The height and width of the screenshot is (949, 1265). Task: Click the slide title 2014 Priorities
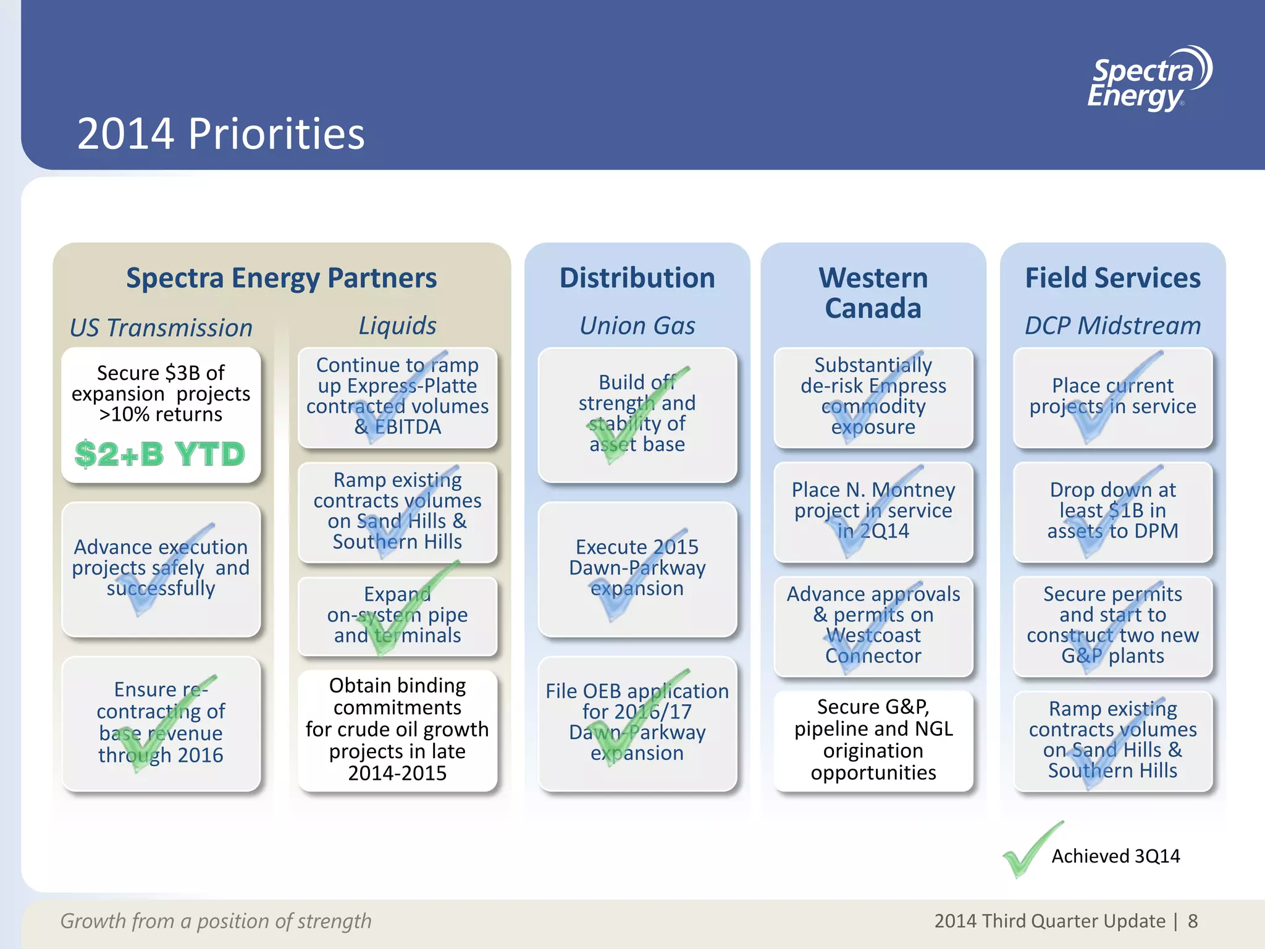click(x=221, y=133)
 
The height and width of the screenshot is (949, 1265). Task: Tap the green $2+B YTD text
click(x=160, y=454)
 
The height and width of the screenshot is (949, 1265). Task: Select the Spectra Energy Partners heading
click(x=281, y=278)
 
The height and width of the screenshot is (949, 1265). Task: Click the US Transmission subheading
click(x=161, y=327)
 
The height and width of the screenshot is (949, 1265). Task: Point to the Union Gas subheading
click(x=637, y=326)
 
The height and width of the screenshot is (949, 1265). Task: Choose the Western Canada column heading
click(x=873, y=293)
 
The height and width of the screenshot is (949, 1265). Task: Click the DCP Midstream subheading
click(x=1112, y=326)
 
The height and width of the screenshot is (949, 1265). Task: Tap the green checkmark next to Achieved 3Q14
click(x=1030, y=850)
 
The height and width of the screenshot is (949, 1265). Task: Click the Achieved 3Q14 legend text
click(x=1116, y=856)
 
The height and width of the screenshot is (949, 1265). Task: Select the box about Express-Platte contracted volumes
click(x=397, y=397)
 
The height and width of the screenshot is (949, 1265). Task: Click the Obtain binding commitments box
click(x=397, y=730)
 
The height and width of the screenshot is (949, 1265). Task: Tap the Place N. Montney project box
click(x=873, y=511)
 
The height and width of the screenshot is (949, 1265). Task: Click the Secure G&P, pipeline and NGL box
click(x=873, y=740)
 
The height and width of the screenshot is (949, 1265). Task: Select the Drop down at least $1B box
click(x=1112, y=511)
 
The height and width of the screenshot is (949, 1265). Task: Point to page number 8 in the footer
click(x=1193, y=921)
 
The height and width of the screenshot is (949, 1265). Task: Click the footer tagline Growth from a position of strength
click(x=216, y=921)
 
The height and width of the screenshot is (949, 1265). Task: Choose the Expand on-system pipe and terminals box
click(x=397, y=615)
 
